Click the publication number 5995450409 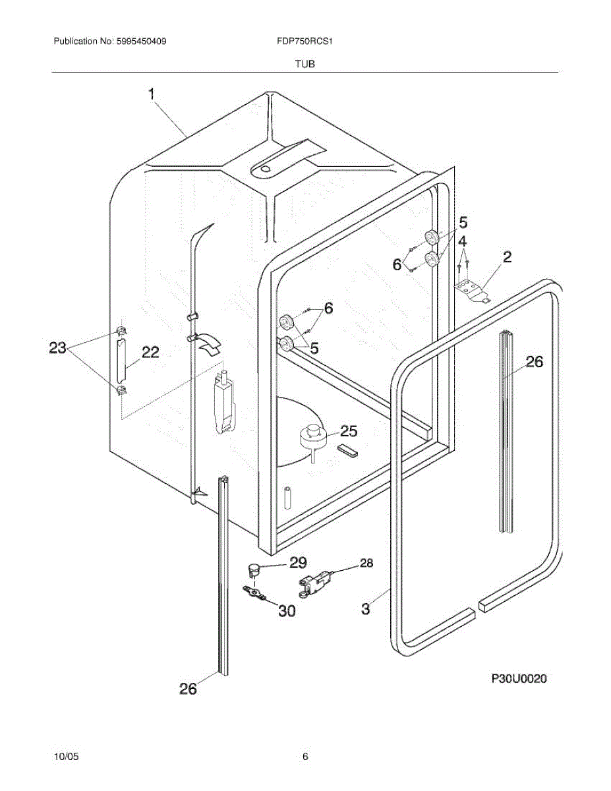tap(138, 42)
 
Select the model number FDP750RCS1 tap(304, 42)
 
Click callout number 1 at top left tap(152, 95)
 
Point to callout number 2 tap(507, 257)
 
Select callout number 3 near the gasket tap(366, 608)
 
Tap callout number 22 tap(150, 353)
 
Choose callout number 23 tap(58, 347)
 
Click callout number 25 tap(348, 431)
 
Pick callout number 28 tap(366, 563)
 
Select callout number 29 tap(298, 562)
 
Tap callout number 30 tap(286, 611)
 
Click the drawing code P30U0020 tap(519, 678)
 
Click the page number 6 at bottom tap(305, 757)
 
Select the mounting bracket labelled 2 tap(473, 290)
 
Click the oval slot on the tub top tap(264, 169)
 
